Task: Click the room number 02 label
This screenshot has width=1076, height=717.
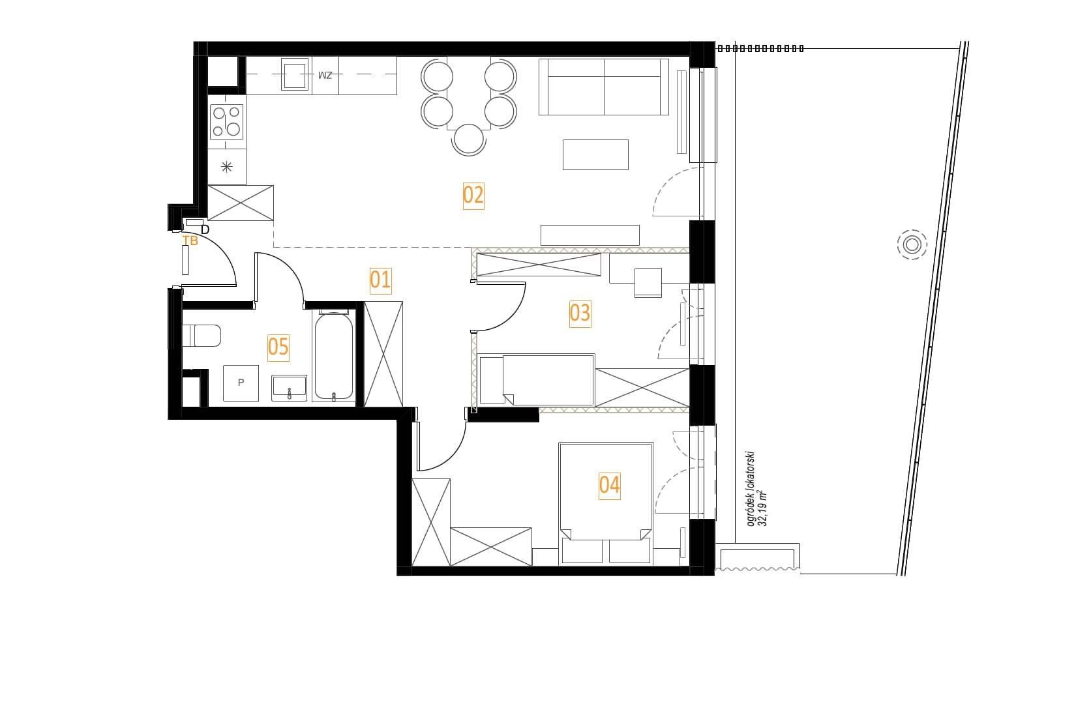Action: click(x=473, y=196)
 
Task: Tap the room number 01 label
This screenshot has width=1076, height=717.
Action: click(x=380, y=280)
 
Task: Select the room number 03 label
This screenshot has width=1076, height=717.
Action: click(x=580, y=314)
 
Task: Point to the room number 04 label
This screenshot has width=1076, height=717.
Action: click(x=609, y=486)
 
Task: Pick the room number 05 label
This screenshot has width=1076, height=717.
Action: click(x=278, y=347)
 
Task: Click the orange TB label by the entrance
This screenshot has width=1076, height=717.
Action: click(x=190, y=241)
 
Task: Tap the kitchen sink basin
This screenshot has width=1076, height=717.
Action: click(x=295, y=74)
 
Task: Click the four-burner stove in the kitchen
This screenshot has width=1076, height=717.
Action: click(x=227, y=122)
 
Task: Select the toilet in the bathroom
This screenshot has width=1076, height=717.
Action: click(x=202, y=336)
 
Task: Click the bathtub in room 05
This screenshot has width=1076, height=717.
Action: click(x=334, y=356)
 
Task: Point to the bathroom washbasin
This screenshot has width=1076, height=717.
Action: click(x=289, y=388)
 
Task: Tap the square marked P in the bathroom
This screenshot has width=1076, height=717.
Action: click(x=241, y=383)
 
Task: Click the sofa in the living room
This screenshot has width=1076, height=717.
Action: click(x=604, y=87)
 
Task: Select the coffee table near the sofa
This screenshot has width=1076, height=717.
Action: click(x=595, y=154)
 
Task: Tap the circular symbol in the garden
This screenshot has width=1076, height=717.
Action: click(x=912, y=245)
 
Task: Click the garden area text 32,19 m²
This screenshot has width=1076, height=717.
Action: click(x=762, y=508)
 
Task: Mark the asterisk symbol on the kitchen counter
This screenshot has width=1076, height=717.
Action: click(x=227, y=167)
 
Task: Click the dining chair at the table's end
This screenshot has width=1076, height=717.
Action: click(x=468, y=139)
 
